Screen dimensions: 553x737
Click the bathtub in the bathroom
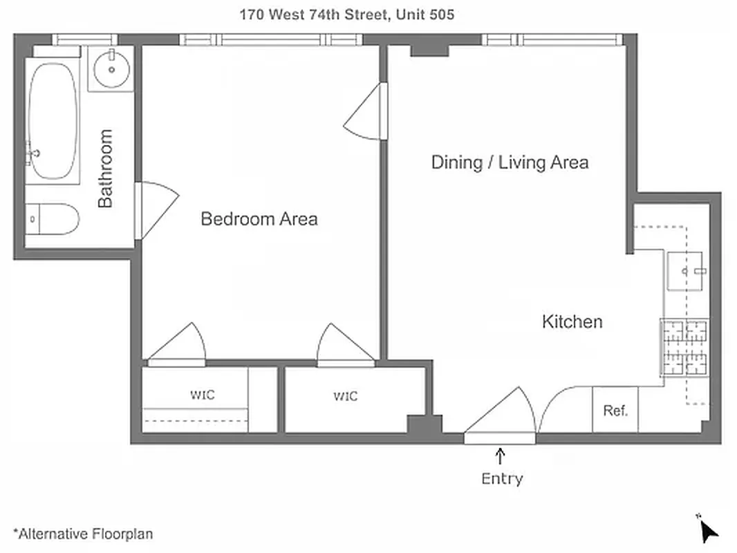tap(53, 122)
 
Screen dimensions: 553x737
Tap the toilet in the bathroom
tap(53, 219)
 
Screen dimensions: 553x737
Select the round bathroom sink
tap(112, 69)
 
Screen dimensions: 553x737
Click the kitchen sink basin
tap(687, 272)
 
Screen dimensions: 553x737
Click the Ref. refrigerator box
tap(615, 411)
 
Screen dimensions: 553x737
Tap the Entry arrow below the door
tap(501, 456)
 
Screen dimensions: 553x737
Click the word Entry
tap(502, 478)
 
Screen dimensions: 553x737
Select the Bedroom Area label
tap(259, 219)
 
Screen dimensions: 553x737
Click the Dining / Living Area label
tap(510, 162)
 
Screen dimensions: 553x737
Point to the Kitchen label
tap(572, 321)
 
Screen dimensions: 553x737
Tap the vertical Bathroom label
tap(105, 168)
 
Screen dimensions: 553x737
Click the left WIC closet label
tap(202, 395)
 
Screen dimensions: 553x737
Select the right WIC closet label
tap(346, 396)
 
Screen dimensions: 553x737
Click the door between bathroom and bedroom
tap(153, 207)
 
